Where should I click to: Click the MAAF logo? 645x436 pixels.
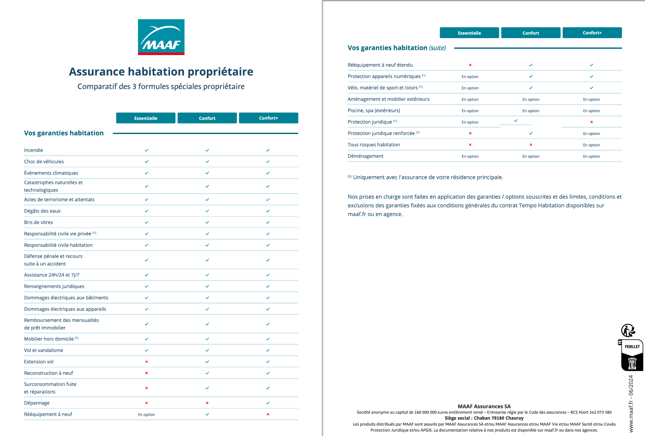coord(161,37)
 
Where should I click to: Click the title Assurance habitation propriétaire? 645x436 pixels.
coord(161,72)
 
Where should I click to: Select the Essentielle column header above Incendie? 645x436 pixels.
coord(146,118)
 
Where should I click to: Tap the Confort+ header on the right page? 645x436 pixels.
coord(592,33)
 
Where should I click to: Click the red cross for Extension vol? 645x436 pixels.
coord(146,362)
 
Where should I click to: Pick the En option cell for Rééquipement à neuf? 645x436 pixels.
coord(146,415)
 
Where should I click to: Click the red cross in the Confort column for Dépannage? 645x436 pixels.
coord(207,403)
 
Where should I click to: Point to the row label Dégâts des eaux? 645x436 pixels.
coord(42,211)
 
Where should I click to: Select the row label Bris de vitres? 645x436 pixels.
coord(38,222)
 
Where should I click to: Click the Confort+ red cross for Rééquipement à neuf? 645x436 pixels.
coord(268,414)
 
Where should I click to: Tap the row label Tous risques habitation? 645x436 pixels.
coord(374,145)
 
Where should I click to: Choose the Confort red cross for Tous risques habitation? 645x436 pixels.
coord(531,145)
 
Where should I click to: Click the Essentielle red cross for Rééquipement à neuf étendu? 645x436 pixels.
coord(470,65)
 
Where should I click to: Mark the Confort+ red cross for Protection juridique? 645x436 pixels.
coord(592,122)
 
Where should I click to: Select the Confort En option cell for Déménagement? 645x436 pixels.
coord(531,156)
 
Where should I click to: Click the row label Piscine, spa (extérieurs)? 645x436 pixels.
coord(374,110)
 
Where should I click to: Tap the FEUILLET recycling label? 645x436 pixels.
coord(632,347)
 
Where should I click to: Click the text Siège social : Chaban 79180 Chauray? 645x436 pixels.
coord(484,418)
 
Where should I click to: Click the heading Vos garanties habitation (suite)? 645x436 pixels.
coord(397,48)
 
